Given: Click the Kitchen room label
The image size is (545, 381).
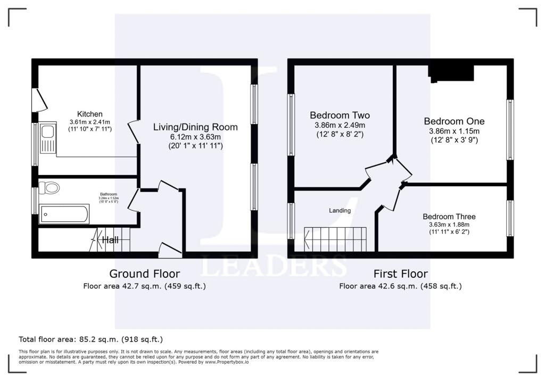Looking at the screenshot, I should (x=90, y=114).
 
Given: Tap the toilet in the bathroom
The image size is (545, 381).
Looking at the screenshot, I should (x=51, y=188).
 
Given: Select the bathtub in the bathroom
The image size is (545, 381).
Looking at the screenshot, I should (x=64, y=214).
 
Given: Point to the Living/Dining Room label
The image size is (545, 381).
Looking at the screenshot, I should (x=195, y=127).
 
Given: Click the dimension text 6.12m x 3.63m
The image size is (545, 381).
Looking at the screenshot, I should (x=195, y=137).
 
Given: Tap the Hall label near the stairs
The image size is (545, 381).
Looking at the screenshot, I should (x=110, y=240).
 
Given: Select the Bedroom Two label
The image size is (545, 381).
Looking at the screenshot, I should (x=340, y=115).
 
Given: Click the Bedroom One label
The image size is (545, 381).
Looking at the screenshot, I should (x=454, y=121).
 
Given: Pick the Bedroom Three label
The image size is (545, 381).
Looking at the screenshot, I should (x=449, y=217).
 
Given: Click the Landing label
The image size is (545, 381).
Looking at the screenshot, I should (x=340, y=210).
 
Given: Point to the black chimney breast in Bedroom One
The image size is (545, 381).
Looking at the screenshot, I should (x=451, y=73).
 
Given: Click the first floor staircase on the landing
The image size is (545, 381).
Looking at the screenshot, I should (x=336, y=238).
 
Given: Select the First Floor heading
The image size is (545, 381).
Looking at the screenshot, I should (x=400, y=274).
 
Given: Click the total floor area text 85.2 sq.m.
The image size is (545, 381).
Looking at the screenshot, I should (x=90, y=339).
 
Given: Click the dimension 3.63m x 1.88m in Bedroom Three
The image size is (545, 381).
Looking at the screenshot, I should (x=449, y=225).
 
